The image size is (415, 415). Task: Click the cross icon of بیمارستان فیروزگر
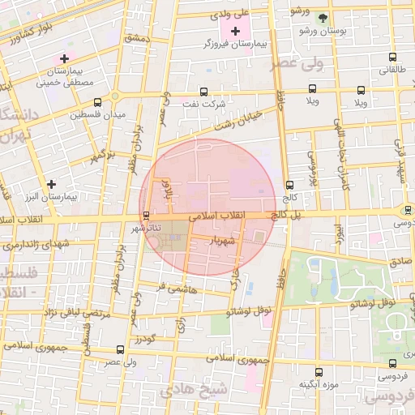[236, 32]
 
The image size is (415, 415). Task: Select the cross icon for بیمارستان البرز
[52, 185]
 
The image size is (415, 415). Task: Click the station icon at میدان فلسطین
[98, 103]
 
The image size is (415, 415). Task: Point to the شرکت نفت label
[224, 105]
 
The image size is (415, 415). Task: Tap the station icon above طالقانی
[393, 58]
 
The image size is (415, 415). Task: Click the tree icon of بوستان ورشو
[323, 18]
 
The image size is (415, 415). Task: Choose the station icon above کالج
[290, 186]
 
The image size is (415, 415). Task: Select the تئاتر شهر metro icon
[146, 216]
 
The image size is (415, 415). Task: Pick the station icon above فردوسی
[393, 363]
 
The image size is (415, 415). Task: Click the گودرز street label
[146, 336]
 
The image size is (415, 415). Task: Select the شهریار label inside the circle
[221, 241]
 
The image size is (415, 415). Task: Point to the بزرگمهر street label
[103, 153]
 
